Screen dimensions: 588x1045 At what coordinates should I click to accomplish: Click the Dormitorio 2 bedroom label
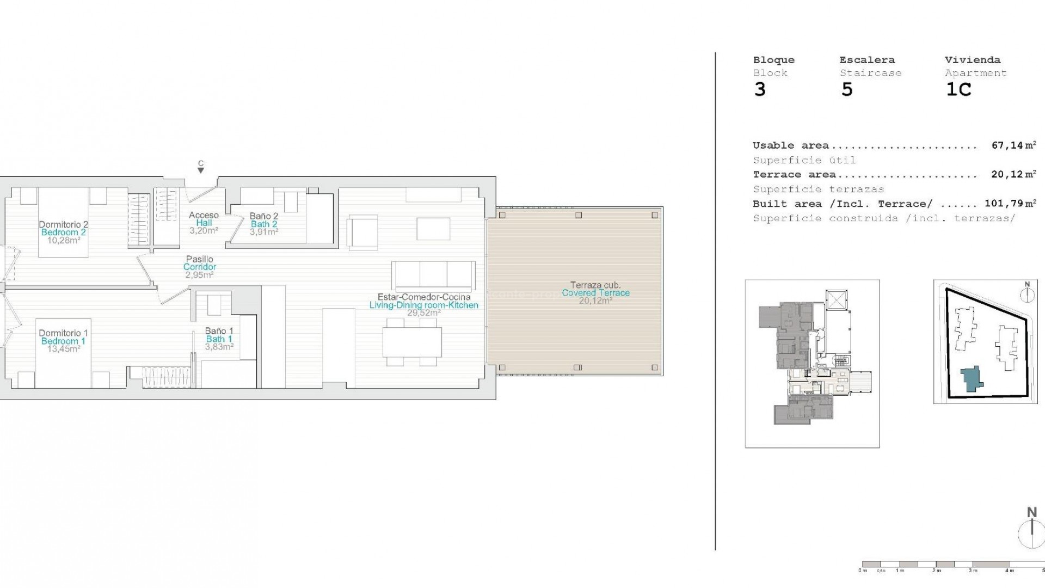(63, 224)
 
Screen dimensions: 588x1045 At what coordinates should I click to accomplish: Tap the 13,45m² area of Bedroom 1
(63, 349)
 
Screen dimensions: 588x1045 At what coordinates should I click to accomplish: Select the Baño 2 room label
(264, 216)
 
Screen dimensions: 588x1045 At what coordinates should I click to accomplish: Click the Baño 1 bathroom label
(219, 330)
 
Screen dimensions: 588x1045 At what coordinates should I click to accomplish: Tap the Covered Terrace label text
(595, 292)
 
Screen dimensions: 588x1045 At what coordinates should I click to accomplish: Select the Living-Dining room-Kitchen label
(423, 305)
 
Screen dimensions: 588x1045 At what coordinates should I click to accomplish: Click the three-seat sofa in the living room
(433, 275)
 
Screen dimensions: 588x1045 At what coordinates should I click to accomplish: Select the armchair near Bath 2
(362, 232)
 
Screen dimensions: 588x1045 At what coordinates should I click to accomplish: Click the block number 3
(760, 89)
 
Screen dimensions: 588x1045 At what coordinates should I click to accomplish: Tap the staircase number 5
(847, 89)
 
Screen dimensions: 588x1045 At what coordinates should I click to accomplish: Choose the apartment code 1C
(958, 89)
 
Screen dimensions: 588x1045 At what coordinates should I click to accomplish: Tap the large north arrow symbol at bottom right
(1031, 531)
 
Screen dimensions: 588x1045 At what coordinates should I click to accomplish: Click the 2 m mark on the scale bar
(936, 570)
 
